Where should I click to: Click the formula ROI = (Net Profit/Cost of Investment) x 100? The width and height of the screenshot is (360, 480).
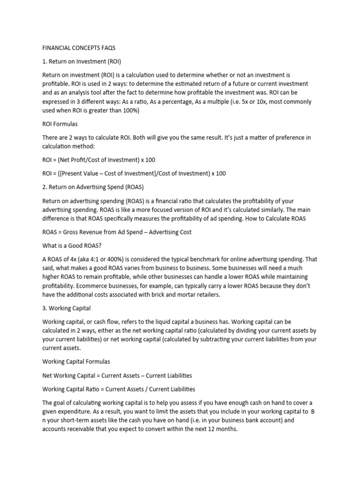pos(98,160)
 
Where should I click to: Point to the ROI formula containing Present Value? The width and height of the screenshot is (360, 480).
pos(134,173)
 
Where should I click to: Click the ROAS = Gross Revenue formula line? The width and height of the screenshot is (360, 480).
pos(117,232)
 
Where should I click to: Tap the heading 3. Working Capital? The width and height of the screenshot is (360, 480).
pos(67,308)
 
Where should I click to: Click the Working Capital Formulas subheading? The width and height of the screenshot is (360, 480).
pos(76,362)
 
